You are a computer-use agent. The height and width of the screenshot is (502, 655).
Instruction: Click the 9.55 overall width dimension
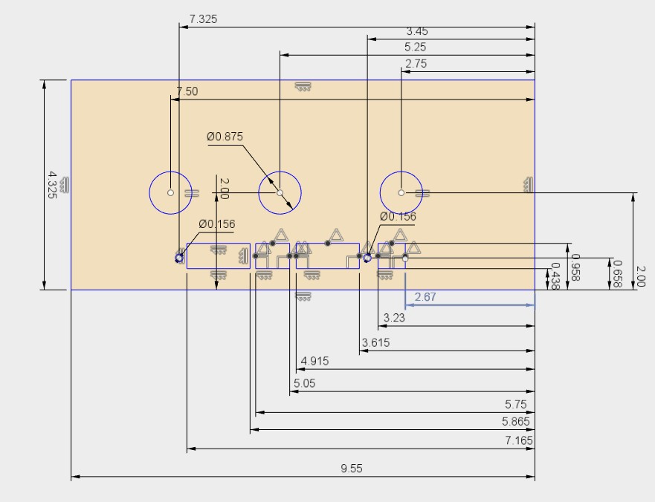coord(352,469)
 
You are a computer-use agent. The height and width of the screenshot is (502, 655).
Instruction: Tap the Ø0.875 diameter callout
coord(225,137)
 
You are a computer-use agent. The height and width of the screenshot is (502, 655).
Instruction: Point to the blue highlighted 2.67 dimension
coord(425,297)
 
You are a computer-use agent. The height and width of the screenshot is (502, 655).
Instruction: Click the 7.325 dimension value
coord(203,19)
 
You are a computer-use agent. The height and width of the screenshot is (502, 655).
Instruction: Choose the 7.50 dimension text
coord(187,91)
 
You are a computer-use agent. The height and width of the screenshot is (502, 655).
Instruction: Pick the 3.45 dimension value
coord(416,32)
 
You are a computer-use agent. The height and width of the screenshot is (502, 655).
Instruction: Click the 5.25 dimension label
coord(416,47)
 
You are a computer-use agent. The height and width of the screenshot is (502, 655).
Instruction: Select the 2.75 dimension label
coord(416,64)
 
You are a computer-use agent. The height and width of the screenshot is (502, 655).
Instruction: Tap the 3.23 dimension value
coord(394,318)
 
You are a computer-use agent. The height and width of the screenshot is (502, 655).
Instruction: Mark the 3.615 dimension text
coord(375,342)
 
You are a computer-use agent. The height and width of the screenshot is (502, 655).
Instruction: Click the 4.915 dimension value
coord(314,362)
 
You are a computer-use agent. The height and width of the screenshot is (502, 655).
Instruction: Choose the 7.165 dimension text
coord(519,440)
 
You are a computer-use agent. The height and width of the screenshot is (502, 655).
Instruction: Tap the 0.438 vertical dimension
coord(555,276)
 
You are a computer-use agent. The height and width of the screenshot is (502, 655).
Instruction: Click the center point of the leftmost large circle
coord(171,193)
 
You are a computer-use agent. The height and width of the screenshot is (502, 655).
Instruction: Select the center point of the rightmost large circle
coord(401,193)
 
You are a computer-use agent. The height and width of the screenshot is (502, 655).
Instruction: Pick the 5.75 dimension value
coord(515,404)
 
